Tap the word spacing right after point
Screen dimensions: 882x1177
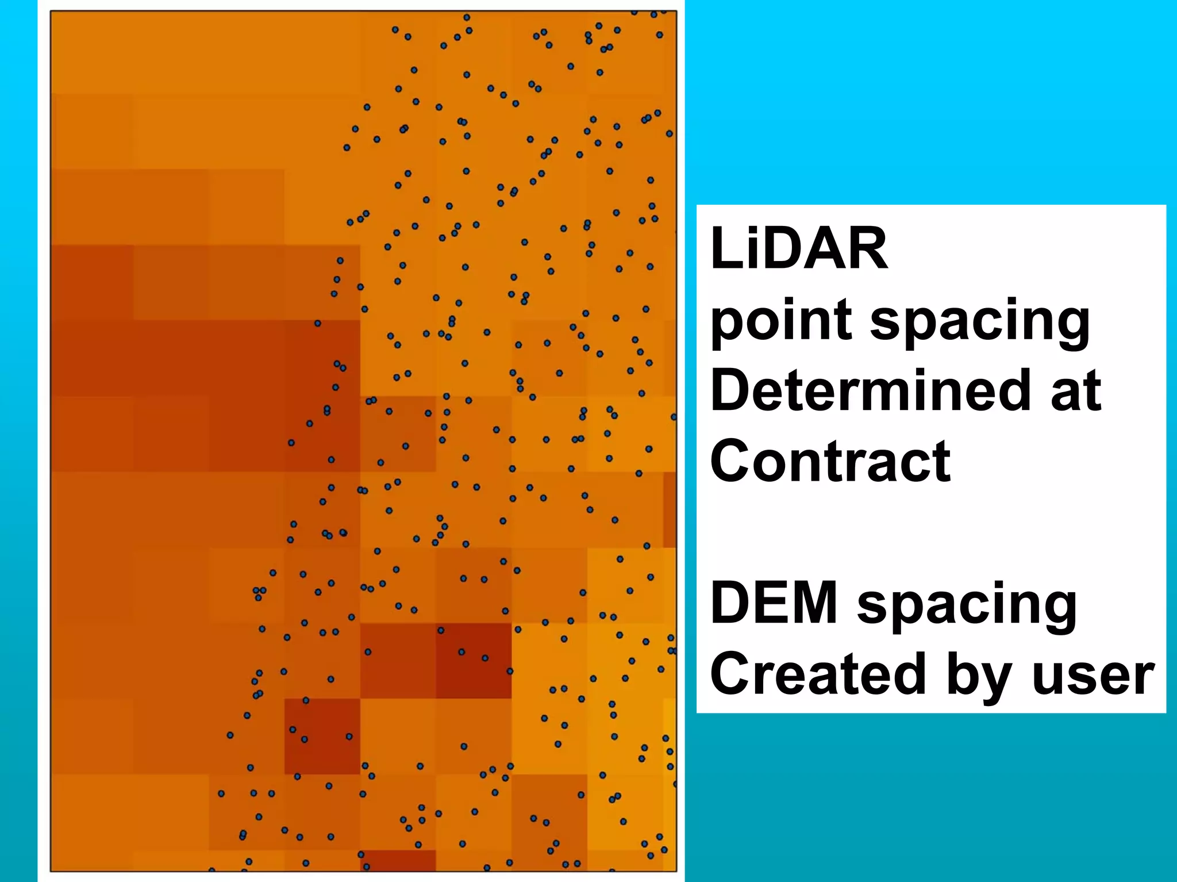979,321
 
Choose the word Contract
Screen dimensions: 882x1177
830,461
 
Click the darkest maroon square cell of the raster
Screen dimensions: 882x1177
474,661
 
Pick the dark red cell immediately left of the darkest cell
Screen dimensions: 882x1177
398,661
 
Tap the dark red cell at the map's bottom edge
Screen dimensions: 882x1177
398,860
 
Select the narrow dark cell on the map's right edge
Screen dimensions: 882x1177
670,509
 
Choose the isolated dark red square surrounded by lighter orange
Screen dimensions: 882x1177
322,736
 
